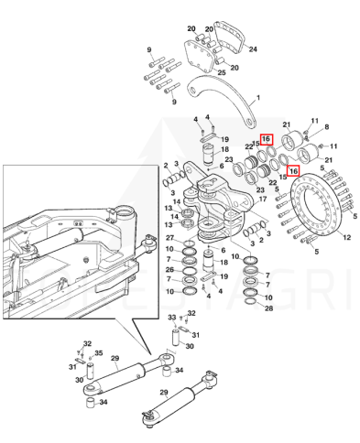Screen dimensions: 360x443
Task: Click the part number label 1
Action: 258,98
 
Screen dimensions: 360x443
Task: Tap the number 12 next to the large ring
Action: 346,237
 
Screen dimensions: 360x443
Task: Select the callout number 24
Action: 253,49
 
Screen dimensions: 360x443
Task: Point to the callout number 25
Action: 222,72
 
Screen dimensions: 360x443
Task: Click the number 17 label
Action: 263,200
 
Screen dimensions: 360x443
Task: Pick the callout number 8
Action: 326,126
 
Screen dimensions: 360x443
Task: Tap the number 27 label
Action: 170,238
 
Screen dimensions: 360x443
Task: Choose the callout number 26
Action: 169,269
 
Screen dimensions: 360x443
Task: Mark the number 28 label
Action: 268,308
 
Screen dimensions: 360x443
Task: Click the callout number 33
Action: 172,318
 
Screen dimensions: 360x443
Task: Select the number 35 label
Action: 98,353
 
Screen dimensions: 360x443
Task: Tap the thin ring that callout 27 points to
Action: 190,243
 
